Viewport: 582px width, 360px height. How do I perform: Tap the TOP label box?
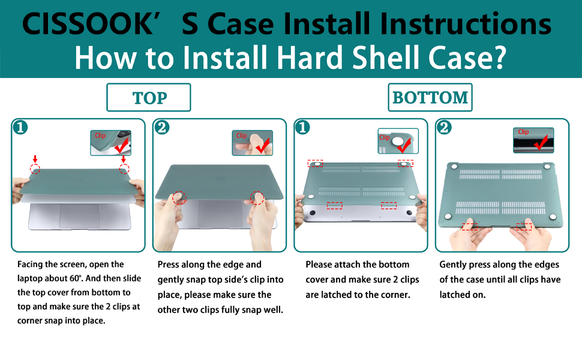pos(148,97)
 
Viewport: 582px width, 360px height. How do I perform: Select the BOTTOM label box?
pos(430,97)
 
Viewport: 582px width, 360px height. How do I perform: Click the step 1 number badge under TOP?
pos(20,128)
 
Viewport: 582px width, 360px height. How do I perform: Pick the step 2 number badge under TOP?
pos(162,128)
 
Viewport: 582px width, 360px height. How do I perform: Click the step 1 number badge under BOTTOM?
pos(303,128)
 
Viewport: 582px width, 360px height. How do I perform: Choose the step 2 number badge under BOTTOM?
pos(445,128)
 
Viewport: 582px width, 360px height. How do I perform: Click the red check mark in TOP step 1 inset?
pos(121,145)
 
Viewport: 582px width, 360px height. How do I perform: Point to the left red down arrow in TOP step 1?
pos(35,159)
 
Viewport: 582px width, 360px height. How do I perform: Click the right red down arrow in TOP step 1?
pos(124,159)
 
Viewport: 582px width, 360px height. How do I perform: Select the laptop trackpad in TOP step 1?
pos(79,215)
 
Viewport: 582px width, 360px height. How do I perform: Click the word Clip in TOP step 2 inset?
pos(241,136)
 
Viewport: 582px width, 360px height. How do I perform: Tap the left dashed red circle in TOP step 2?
pos(179,198)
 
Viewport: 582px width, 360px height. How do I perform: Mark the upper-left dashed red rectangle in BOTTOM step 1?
pos(315,163)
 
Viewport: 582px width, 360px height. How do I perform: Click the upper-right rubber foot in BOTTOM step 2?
pos(547,167)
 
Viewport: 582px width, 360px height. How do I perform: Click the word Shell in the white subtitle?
pos(387,58)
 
